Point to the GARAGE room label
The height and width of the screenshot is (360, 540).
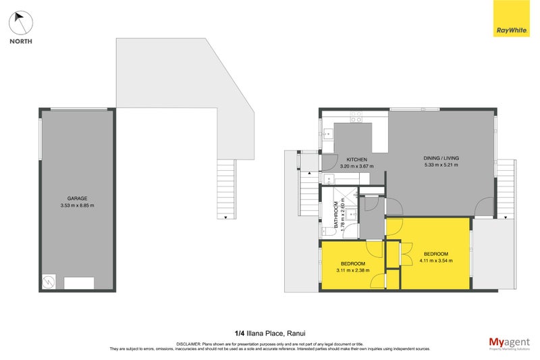point(77,199)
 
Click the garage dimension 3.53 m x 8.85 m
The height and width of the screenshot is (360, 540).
point(77,205)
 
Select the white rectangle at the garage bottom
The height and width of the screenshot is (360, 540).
point(79,283)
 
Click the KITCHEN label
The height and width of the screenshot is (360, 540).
point(356,159)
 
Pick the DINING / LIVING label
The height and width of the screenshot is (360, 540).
point(441,158)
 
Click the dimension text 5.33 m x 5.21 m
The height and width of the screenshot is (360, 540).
point(441,165)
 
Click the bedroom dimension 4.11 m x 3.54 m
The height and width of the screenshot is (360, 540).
point(433,260)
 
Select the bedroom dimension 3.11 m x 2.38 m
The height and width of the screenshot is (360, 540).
point(352,270)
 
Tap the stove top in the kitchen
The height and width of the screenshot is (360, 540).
point(356,120)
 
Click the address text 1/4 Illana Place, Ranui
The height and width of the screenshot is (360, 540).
point(269,332)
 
